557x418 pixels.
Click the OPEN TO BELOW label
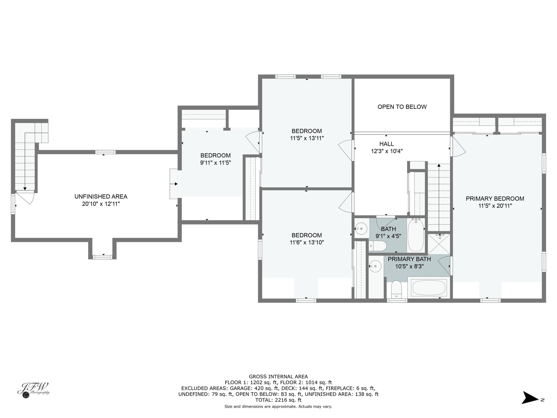coord(402,107)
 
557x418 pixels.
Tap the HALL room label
coord(387,144)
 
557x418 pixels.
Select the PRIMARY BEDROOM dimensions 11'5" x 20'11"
coord(495,206)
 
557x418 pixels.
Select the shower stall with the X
coord(439,244)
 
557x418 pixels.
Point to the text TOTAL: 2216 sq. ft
coord(278,400)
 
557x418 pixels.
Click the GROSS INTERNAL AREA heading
coord(278,376)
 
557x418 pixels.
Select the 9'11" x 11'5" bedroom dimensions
coord(216,163)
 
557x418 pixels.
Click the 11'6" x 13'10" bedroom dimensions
coord(307,242)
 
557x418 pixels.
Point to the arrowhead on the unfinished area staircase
coord(25,189)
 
